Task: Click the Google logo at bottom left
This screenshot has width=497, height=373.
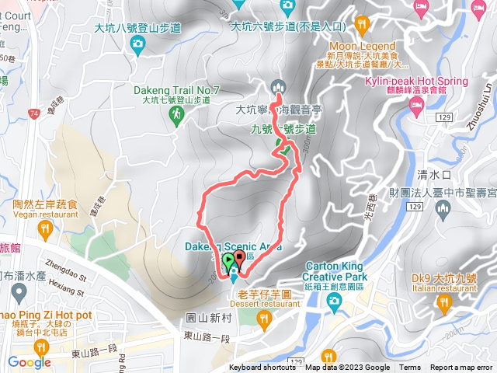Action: click(30, 362)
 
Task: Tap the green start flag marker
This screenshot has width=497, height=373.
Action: click(228, 261)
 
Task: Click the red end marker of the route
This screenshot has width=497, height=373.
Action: click(239, 258)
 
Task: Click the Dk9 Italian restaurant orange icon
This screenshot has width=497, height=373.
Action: click(443, 302)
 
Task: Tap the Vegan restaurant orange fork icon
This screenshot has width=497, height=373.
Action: click(44, 229)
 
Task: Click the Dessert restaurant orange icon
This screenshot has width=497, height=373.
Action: click(264, 318)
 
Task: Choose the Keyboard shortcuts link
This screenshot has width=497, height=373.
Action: click(263, 368)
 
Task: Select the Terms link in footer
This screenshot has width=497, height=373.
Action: click(410, 368)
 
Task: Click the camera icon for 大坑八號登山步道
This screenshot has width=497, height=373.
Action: click(137, 43)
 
